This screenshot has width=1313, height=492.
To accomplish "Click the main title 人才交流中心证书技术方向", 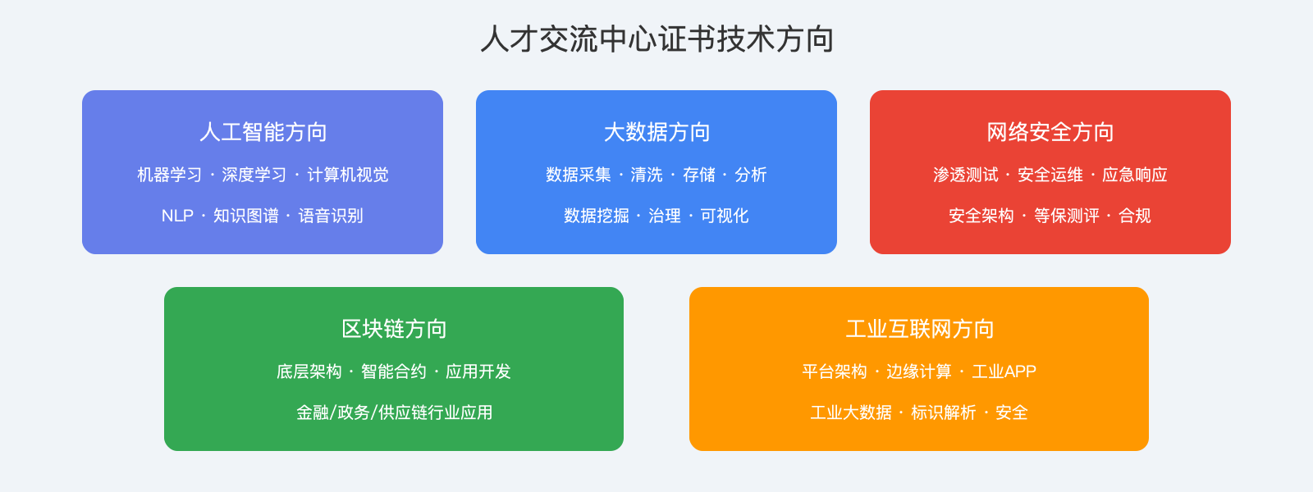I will [x=656, y=39].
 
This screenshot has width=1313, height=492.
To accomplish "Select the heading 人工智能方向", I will [x=263, y=132].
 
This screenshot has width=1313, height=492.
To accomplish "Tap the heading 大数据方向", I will [x=656, y=132].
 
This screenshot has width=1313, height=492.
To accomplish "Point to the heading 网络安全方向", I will [x=1050, y=132].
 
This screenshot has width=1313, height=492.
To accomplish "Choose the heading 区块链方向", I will [x=394, y=329].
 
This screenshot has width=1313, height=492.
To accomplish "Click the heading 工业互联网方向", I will [x=919, y=329].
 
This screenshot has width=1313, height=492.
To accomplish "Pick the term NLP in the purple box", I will [x=177, y=216].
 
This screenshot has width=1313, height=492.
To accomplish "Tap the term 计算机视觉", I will [x=348, y=175].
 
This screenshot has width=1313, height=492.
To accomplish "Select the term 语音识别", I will [x=331, y=216].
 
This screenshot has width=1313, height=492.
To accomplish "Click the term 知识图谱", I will [x=246, y=216].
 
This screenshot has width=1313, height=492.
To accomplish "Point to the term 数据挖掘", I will [x=596, y=216].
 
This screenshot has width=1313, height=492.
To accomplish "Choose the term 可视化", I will [x=725, y=216].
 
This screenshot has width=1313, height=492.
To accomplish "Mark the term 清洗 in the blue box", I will [x=647, y=175].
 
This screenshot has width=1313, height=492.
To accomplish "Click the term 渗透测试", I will [x=965, y=175].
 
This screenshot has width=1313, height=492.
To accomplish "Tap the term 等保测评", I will [x=1066, y=216].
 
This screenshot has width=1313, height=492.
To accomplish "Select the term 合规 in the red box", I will [x=1135, y=216].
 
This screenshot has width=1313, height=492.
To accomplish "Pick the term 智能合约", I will [x=394, y=371].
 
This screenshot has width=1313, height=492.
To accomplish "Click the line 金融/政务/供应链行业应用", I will [x=394, y=412].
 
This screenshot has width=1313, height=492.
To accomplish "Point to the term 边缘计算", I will [x=919, y=371].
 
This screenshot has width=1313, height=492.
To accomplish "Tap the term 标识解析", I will [x=944, y=412].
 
